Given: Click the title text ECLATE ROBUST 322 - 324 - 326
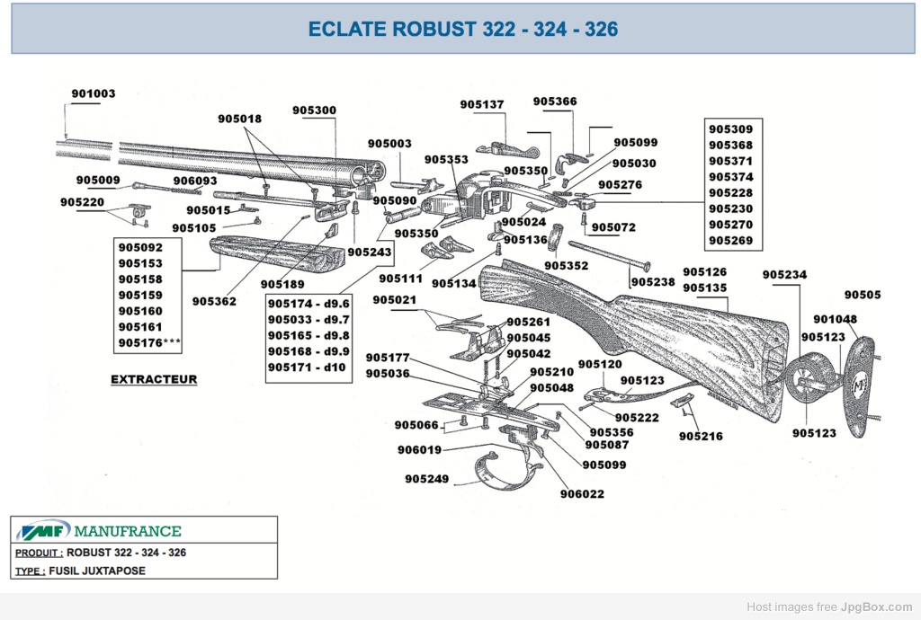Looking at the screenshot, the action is (x=463, y=29).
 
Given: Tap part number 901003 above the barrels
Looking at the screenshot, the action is (x=94, y=93).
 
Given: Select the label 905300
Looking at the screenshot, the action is (x=314, y=111).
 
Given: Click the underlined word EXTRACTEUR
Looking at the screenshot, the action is (x=154, y=379).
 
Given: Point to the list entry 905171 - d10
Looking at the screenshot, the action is (x=307, y=368).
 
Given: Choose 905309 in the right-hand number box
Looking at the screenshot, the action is (x=730, y=129).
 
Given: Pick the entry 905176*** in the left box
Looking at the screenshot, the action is (x=149, y=342).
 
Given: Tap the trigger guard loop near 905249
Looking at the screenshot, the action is (x=509, y=468).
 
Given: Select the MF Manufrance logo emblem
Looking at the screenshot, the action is (x=43, y=530).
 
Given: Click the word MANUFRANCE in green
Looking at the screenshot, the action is (x=128, y=531).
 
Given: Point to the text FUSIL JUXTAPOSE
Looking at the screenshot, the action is (x=97, y=571).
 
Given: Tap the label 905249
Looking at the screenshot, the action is (x=426, y=479).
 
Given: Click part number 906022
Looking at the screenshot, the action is (x=582, y=494).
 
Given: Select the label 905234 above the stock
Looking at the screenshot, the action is (x=784, y=275).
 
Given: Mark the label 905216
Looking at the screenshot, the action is (x=701, y=437).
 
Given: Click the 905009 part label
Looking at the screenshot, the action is (x=98, y=180).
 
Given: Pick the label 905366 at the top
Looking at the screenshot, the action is (x=555, y=102).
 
